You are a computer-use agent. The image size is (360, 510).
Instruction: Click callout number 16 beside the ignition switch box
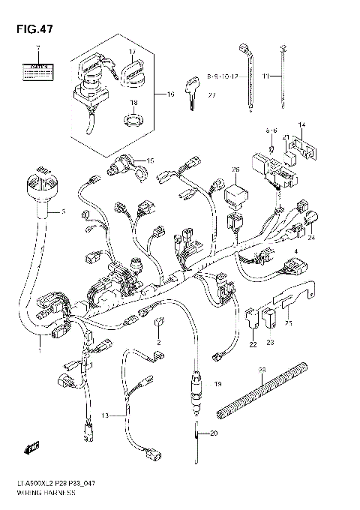click(x=169, y=95)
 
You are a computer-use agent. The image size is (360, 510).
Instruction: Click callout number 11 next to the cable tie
click(x=265, y=76)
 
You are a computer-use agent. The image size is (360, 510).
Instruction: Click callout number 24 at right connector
click(x=311, y=237)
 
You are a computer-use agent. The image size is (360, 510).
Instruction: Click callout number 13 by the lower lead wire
click(x=106, y=415)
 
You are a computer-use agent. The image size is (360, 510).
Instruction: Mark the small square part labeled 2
click(x=158, y=323)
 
